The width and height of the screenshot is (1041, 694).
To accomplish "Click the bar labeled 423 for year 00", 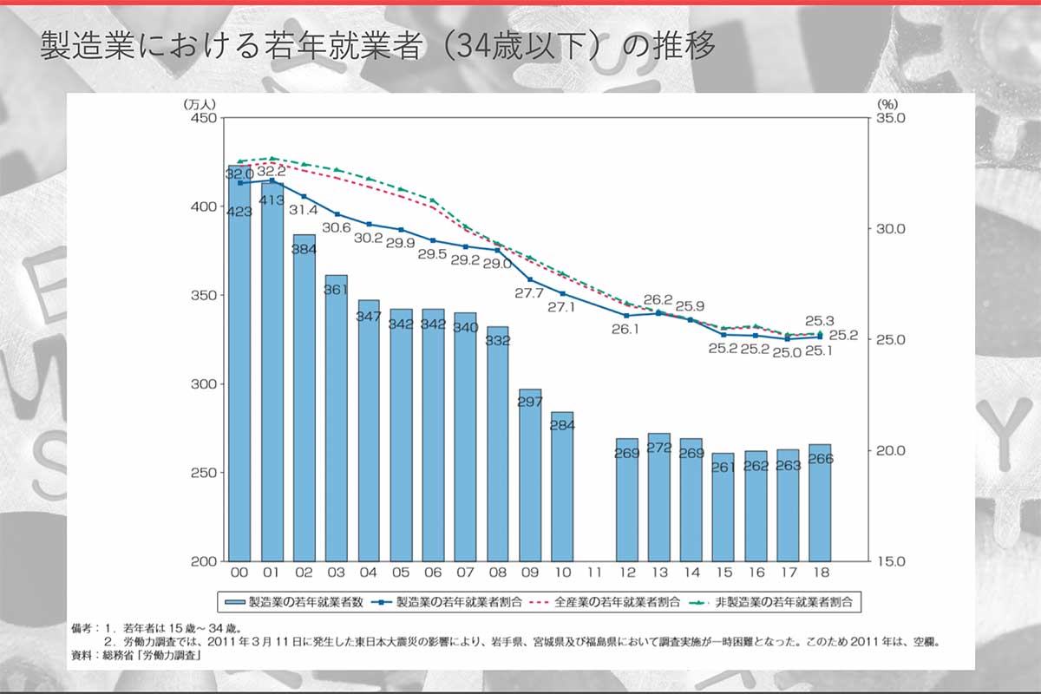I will coord(239,364).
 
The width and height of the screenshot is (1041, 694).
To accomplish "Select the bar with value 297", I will coord(530,477).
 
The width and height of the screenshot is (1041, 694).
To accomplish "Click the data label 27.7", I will coord(528,294).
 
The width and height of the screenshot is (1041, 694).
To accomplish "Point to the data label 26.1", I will coord(625,329).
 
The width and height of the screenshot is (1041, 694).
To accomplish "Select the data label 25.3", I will coord(820,320).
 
